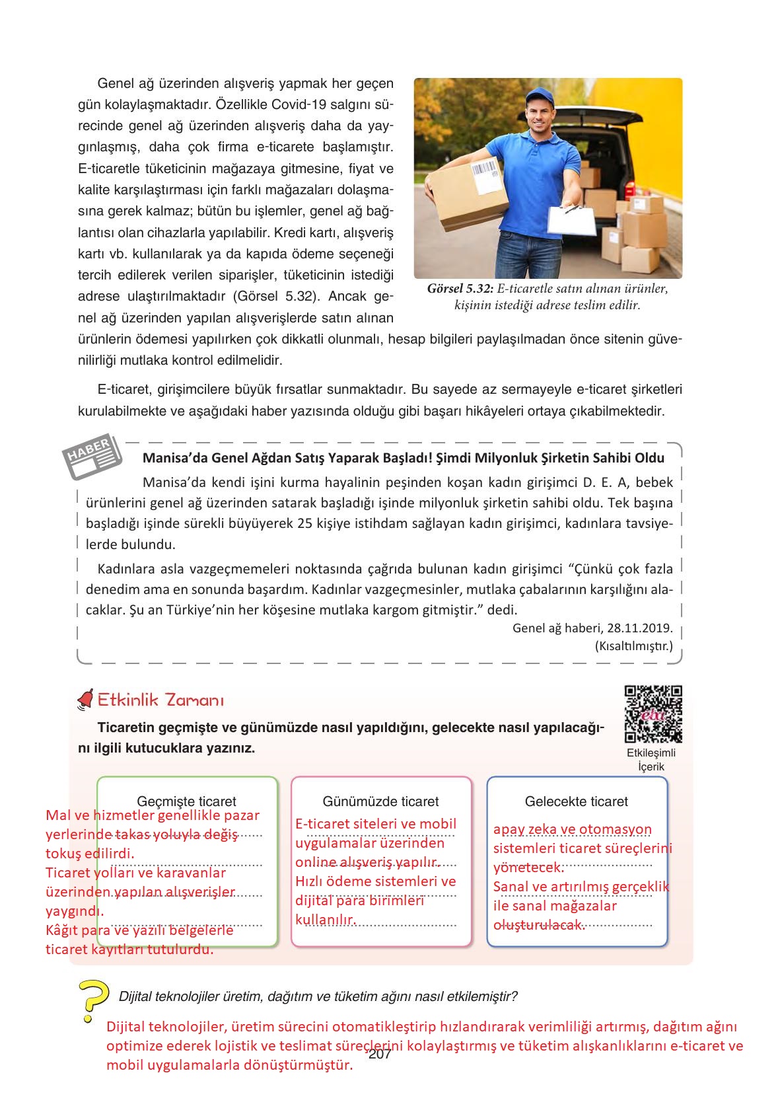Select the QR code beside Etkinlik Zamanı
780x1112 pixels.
pos(653,714)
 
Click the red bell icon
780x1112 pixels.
pos(85,699)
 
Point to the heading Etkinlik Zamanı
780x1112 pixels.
pos(161,700)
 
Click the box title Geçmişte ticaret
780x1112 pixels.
pos(186,801)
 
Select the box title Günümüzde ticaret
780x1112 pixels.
pos(380,801)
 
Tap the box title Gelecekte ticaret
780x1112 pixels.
pos(576,801)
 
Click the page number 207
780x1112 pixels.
pos(380,1055)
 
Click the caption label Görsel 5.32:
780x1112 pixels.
pos(460,289)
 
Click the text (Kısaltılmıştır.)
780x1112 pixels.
pos(633,646)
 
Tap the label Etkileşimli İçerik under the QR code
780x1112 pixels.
pos(651,760)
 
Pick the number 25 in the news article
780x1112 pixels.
pos(304,524)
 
